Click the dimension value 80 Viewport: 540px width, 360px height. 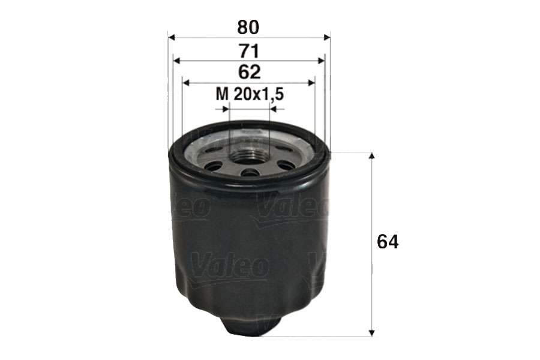pos(249,27)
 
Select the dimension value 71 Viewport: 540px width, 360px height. pos(249,50)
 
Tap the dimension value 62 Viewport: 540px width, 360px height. pos(249,72)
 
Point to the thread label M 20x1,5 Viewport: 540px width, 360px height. pos(249,94)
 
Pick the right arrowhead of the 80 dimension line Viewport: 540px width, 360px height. pos(327,38)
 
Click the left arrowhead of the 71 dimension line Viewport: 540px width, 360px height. pos(176,60)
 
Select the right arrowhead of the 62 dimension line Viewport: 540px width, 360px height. pos(311,83)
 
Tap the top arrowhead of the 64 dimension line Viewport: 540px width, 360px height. pos(372,156)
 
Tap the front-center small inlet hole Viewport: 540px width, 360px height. pos(250,173)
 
